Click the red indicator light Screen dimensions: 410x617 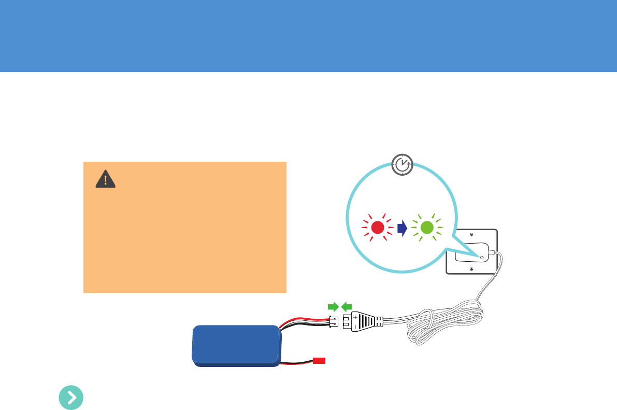[377, 227]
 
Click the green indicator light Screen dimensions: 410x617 [427, 227]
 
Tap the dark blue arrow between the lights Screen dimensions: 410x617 [402, 228]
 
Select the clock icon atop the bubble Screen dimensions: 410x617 [402, 164]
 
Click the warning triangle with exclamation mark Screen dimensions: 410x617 [106, 179]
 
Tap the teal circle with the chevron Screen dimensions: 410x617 [71, 398]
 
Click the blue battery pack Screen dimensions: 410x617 [236, 346]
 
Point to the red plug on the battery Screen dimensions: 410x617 [319, 360]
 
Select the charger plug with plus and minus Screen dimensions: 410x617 [363, 321]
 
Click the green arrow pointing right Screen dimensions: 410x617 [333, 307]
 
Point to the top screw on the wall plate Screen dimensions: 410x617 [470, 234]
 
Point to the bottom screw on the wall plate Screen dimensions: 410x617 [470, 269]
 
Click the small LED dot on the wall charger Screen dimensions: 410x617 [482, 257]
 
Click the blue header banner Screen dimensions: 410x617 [308, 36]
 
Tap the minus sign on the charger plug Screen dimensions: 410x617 [355, 327]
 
